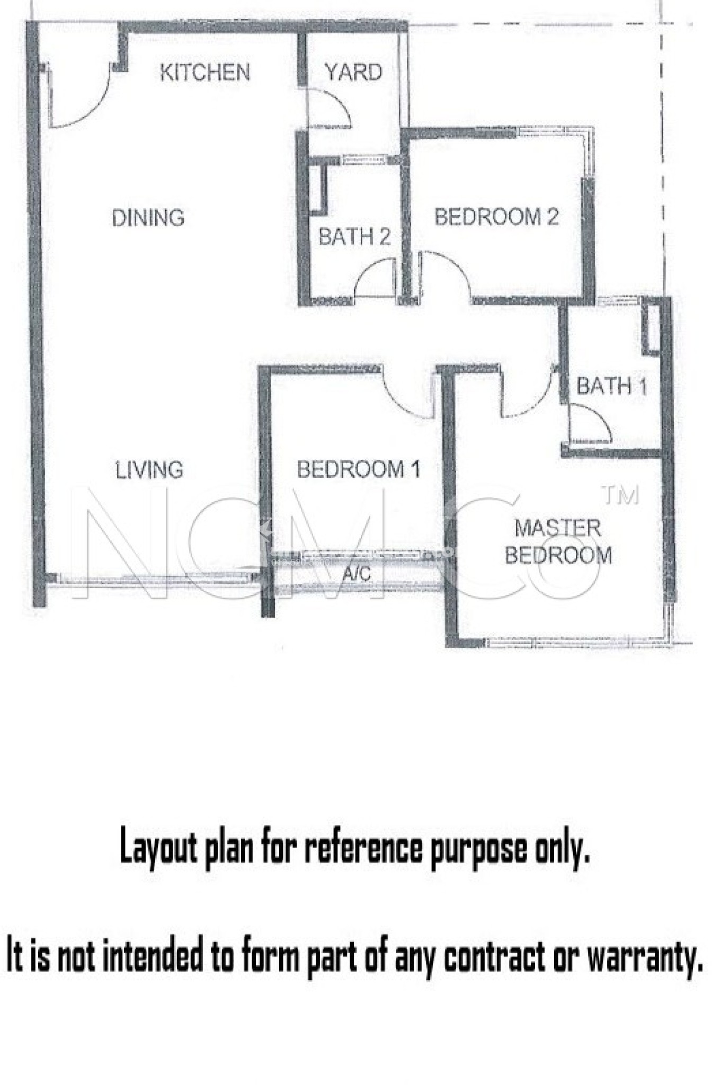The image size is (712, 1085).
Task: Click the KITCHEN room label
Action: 205,73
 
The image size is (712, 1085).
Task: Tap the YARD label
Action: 353,72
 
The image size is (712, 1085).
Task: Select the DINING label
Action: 148,218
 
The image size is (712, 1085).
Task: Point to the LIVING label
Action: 150,470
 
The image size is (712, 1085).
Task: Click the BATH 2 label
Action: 355,237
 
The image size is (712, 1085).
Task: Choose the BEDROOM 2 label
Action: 497,217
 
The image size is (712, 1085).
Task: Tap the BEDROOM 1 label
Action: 359,469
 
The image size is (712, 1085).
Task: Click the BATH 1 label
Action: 612,386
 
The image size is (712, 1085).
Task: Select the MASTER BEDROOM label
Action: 558,541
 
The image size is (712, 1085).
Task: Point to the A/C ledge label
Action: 357,573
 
